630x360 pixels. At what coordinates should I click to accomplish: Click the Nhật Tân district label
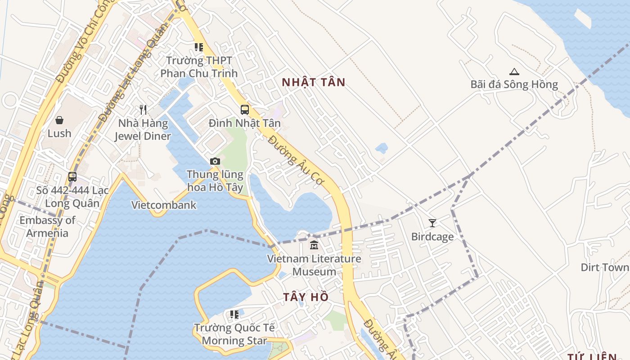pyautogui.click(x=313, y=82)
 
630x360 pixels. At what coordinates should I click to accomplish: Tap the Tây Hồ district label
pyautogui.click(x=306, y=297)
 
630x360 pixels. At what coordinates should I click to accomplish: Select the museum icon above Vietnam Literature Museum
pyautogui.click(x=314, y=245)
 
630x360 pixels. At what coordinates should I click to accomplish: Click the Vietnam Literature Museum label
pyautogui.click(x=314, y=265)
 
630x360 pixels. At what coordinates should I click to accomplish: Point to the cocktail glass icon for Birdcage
pyautogui.click(x=432, y=223)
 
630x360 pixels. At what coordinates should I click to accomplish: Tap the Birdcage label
pyautogui.click(x=432, y=237)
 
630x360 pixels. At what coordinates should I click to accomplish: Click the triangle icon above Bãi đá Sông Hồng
pyautogui.click(x=514, y=71)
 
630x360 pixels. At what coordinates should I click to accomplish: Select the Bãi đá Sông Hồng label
pyautogui.click(x=514, y=85)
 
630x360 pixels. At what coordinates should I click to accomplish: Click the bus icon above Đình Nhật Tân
pyautogui.click(x=245, y=109)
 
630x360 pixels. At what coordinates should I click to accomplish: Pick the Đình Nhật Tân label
pyautogui.click(x=245, y=123)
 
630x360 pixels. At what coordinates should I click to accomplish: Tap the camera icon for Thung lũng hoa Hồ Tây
pyautogui.click(x=215, y=161)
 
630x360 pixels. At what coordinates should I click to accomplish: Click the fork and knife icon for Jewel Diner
pyautogui.click(x=143, y=109)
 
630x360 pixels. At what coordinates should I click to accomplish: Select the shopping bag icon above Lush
pyautogui.click(x=59, y=120)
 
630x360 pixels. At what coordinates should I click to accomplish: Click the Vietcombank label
pyautogui.click(x=164, y=205)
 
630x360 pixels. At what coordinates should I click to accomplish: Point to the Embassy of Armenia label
pyautogui.click(x=47, y=226)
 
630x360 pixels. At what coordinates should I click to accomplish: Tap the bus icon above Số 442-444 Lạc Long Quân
pyautogui.click(x=72, y=177)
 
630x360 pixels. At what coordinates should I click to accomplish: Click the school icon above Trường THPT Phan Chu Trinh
pyautogui.click(x=198, y=47)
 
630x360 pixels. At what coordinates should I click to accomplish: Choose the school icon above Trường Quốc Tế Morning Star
pyautogui.click(x=234, y=315)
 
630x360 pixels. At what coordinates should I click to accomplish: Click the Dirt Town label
pyautogui.click(x=605, y=267)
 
